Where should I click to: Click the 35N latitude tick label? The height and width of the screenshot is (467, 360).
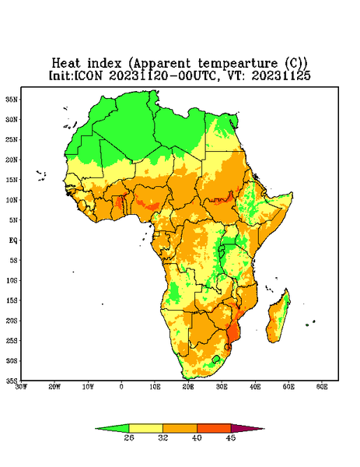[x=12, y=99]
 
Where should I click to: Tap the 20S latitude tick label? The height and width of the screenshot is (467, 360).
[x=12, y=321]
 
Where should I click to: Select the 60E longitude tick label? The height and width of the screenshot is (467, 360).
[x=322, y=387]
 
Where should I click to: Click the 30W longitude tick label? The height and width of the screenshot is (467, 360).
[x=21, y=387]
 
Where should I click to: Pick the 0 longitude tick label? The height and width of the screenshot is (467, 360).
[x=121, y=387]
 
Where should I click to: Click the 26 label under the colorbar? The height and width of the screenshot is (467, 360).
[x=129, y=437]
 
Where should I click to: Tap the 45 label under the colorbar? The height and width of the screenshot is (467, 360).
[x=231, y=437]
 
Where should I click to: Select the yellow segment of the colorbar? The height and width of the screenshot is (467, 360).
[x=145, y=428]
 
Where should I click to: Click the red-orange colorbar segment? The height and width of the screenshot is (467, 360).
[x=214, y=428]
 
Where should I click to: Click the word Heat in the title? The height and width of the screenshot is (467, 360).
[x=66, y=63]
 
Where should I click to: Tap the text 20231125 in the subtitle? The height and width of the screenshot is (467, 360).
[x=281, y=75]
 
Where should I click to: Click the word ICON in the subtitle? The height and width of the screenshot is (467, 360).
[x=89, y=75]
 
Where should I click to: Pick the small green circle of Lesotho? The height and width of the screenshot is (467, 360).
[x=216, y=359]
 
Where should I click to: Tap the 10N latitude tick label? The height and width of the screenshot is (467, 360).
[x=12, y=200]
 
